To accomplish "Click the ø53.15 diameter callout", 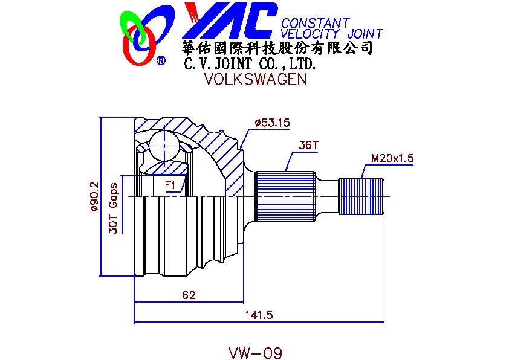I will [x=273, y=123].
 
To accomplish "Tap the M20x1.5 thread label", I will [x=392, y=158].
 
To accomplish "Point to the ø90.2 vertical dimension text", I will [x=94, y=197].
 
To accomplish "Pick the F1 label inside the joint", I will [x=170, y=184].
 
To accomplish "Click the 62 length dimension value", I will [x=189, y=295].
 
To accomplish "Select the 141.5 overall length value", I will [x=259, y=315].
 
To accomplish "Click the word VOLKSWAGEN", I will [x=255, y=80].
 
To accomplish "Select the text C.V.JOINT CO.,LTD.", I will [x=250, y=63].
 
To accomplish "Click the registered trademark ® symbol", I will [x=161, y=60].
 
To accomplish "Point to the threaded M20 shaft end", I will [x=361, y=196].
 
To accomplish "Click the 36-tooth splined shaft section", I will [x=285, y=196].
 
